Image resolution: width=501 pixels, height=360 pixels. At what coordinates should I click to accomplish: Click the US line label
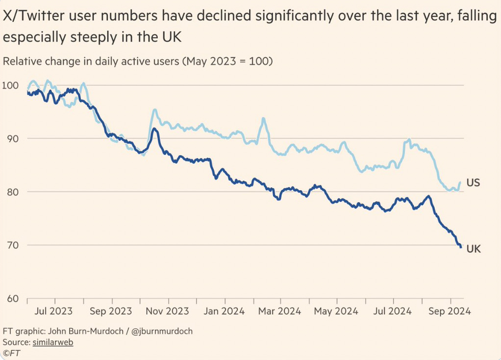[473, 183]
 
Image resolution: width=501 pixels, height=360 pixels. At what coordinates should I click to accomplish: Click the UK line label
[473, 249]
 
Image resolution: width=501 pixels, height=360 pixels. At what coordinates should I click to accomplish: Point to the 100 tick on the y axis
[11, 85]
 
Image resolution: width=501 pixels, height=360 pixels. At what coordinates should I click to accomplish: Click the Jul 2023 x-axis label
[55, 311]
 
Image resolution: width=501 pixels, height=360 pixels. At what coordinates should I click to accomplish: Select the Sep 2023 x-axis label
[111, 311]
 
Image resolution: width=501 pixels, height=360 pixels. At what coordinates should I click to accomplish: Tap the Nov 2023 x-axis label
[168, 311]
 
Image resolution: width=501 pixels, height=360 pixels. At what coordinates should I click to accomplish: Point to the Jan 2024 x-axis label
[224, 311]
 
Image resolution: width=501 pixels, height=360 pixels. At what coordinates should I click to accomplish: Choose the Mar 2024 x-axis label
[279, 311]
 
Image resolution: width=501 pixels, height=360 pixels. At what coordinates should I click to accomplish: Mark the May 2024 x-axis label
[336, 311]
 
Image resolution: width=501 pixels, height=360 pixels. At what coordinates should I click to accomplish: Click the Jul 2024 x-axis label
[392, 311]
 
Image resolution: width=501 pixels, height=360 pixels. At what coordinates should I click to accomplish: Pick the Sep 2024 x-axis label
[450, 311]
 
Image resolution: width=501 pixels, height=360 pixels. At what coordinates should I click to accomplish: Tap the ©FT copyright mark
[11, 353]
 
